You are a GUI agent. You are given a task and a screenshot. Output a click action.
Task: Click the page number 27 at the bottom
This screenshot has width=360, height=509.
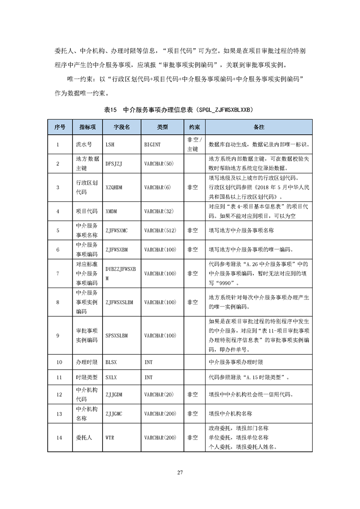click(x=180, y=472)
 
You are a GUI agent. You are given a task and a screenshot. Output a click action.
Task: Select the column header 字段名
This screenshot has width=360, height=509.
click(x=121, y=127)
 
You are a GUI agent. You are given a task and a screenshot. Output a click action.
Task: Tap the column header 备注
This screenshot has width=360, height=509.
click(x=259, y=127)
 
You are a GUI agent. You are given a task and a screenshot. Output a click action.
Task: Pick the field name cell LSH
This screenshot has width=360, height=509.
click(x=110, y=145)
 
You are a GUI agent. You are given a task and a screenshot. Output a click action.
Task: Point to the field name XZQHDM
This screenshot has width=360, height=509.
click(x=114, y=186)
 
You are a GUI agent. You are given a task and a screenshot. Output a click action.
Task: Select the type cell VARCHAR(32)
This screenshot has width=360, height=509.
click(x=159, y=211)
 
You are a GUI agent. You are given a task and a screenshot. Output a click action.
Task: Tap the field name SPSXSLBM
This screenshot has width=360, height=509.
click(x=116, y=336)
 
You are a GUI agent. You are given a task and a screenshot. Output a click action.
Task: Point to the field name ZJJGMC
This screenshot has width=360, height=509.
click(x=114, y=414)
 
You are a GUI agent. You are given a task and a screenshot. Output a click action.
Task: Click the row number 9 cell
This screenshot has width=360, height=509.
click(x=58, y=336)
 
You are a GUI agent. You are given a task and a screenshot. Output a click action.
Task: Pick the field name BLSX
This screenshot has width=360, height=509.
click(x=111, y=362)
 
